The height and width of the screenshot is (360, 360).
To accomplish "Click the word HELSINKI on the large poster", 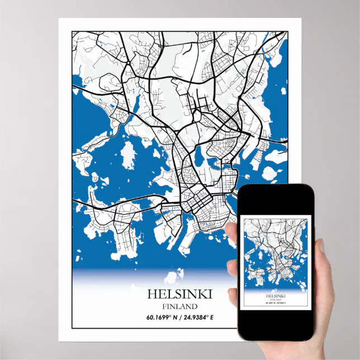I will click(179, 294).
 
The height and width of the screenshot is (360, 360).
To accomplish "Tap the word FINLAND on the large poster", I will click(179, 306).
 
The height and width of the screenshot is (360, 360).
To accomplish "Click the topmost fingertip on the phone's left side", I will click(232, 229).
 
